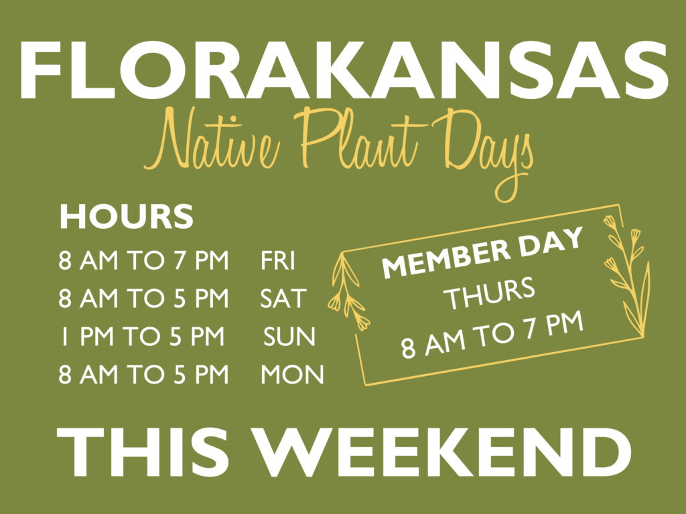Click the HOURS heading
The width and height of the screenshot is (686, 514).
[126, 216]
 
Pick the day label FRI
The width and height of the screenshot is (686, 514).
[278, 261]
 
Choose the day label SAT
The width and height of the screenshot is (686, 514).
[283, 298]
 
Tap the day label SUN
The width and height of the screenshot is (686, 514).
[289, 337]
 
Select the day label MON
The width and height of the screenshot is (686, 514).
[292, 375]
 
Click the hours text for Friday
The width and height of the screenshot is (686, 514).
[143, 261]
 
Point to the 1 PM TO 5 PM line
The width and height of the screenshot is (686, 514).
[143, 337]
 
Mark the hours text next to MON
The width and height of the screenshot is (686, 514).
[143, 375]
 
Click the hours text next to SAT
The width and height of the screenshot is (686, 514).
[143, 298]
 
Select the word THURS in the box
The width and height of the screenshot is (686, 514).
[490, 294]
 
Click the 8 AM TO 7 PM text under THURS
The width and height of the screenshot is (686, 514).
[492, 335]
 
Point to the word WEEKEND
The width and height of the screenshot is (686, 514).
[443, 452]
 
